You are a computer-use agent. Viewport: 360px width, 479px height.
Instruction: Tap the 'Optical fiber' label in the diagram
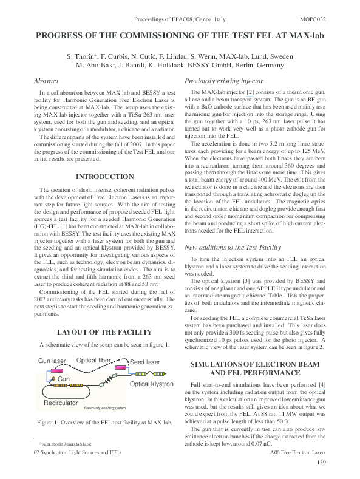pos(93,361)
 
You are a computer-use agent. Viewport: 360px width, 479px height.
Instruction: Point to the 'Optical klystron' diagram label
pos(152,384)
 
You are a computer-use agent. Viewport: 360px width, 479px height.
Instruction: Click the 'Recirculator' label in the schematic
pos(61,403)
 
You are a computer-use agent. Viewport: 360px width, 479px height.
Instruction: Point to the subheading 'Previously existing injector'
pos(223,81)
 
